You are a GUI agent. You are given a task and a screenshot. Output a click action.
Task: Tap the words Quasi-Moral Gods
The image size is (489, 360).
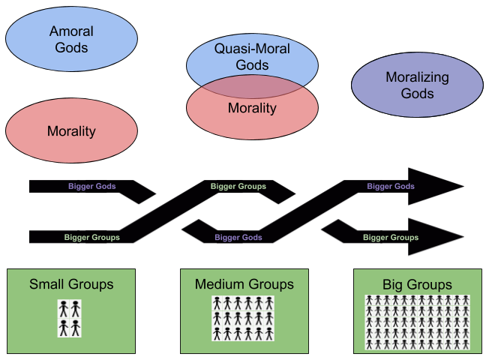tap(252, 57)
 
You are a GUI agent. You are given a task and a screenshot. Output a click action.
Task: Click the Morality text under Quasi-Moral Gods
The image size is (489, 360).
tap(252, 108)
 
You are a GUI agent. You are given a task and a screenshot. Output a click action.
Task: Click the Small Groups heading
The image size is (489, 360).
tap(71, 284)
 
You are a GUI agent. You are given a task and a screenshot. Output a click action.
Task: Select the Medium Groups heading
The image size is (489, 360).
tap(244, 284)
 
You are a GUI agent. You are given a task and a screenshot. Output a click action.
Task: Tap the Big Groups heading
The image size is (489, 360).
tap(417, 285)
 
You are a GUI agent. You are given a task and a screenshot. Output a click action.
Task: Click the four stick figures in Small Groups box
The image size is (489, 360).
tap(70, 318)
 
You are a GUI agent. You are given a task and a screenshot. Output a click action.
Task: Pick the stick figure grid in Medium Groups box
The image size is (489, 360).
tap(244, 314)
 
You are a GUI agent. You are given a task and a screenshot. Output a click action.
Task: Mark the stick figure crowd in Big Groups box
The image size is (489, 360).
tap(417, 322)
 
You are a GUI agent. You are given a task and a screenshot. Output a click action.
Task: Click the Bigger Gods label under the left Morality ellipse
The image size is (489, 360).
tap(91, 187)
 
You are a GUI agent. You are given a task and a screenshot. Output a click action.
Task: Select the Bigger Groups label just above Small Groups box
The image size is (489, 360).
tap(92, 238)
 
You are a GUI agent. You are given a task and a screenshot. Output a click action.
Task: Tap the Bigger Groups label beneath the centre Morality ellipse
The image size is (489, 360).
tap(238, 187)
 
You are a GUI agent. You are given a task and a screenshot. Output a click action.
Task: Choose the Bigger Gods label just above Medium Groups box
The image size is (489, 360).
tap(238, 238)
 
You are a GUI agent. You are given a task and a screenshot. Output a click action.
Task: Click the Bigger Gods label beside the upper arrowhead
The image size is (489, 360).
tap(390, 187)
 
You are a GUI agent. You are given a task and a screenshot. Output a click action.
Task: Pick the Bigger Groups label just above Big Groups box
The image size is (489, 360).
tap(391, 238)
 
